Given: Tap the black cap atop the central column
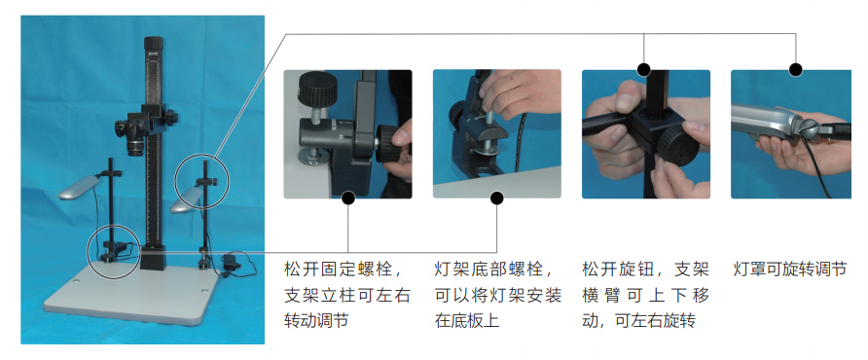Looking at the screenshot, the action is point(154,44).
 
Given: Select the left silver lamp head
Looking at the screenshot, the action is point(79,187).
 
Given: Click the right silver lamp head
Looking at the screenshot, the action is point(187,199).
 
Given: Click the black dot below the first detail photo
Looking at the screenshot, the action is point(348,198).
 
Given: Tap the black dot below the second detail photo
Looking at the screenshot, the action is point(496,198).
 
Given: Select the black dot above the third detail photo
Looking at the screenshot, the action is point(643,70).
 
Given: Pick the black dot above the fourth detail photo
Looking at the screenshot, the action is point(795,70).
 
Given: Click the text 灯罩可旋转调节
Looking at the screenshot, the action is point(790,270).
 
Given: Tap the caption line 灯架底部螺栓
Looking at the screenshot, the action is point(493,270).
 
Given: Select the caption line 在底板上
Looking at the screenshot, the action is point(467,321).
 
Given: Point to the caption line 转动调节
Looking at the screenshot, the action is point(316,321).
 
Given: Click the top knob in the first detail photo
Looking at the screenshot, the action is point(314,90).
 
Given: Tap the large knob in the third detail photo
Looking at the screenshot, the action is point(678,146).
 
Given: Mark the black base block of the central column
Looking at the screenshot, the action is point(154,257).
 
